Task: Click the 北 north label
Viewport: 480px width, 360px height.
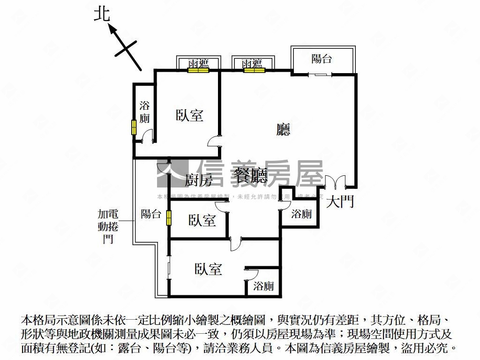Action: click(102, 14)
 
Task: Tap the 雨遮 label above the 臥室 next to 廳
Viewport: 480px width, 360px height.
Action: click(198, 63)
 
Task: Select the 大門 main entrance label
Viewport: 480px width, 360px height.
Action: click(340, 202)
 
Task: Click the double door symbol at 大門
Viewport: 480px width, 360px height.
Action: click(335, 182)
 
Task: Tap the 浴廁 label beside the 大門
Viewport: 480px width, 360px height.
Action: click(301, 214)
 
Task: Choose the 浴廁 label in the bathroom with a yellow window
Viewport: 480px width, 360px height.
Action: click(144, 112)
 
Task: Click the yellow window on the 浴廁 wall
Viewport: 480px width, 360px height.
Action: click(134, 127)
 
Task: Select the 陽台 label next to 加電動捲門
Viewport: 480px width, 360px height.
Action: click(151, 214)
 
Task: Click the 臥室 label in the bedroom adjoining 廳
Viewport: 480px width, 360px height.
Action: click(190, 115)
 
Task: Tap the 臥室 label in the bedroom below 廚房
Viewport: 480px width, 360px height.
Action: click(202, 220)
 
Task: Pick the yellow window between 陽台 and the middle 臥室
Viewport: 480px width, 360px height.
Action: click(168, 218)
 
